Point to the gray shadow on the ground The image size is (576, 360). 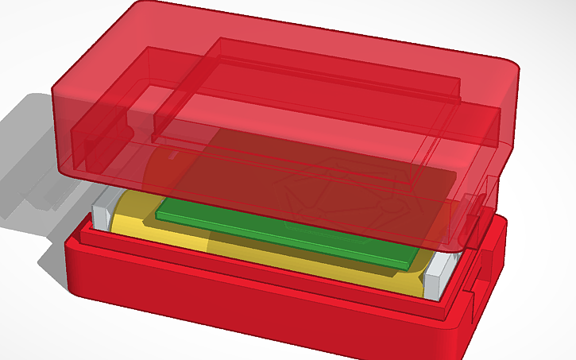coord(32,159)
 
